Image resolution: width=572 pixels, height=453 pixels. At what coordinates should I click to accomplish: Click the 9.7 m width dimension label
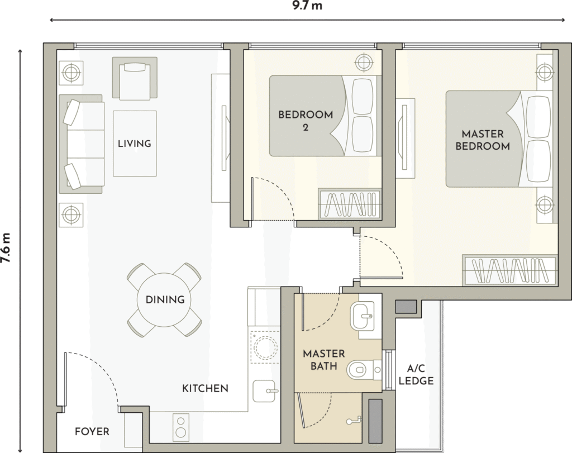[308, 6]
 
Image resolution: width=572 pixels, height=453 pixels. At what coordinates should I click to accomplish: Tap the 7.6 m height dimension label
[6, 248]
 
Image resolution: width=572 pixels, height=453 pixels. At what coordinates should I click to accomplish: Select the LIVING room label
[134, 144]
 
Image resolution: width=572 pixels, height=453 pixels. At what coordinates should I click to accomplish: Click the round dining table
[165, 300]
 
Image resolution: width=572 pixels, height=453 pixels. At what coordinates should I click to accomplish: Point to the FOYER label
[92, 432]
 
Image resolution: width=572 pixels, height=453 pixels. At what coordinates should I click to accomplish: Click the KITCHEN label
[205, 388]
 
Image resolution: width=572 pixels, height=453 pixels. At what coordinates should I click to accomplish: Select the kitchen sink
[264, 391]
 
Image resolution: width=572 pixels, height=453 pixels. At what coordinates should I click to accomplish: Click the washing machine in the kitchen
[264, 346]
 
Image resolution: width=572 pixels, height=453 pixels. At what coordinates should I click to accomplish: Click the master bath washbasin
[362, 316]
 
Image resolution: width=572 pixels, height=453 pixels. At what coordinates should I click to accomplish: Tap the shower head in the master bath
[354, 421]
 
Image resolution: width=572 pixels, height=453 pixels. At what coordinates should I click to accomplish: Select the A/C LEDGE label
[416, 375]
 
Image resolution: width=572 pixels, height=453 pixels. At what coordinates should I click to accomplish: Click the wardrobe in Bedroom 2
[350, 204]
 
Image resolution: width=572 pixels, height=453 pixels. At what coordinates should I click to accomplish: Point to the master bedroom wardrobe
[510, 270]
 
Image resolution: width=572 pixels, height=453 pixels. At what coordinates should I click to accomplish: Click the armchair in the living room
[135, 78]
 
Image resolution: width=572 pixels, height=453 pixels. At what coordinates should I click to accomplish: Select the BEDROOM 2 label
[306, 121]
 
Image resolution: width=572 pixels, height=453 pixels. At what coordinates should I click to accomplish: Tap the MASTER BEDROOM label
[482, 140]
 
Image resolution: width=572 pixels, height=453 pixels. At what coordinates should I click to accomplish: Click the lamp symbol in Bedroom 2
[363, 63]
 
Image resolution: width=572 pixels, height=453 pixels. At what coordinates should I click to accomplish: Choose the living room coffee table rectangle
[135, 144]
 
